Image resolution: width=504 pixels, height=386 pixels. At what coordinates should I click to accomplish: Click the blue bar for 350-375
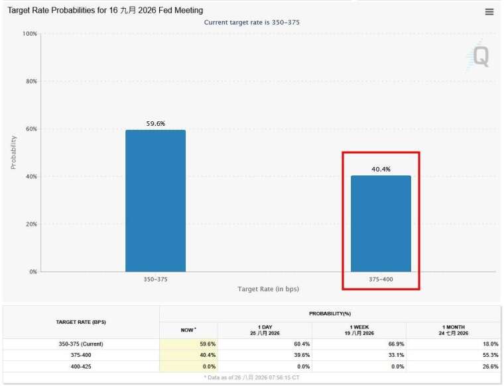(x=156, y=201)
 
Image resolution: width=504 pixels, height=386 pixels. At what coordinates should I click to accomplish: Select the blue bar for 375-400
(x=381, y=224)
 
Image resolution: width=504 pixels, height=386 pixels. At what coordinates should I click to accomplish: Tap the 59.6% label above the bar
(x=156, y=124)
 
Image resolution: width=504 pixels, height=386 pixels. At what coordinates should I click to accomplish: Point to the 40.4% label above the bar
(x=381, y=169)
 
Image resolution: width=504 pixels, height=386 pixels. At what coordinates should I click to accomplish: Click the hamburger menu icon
(x=489, y=12)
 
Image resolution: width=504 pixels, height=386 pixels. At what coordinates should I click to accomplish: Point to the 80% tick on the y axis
(x=32, y=81)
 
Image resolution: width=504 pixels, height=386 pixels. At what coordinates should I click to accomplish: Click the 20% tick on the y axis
(x=32, y=224)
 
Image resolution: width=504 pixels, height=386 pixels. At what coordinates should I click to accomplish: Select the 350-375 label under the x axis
(x=155, y=279)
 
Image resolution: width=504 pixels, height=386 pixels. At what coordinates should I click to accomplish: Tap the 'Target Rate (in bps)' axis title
(x=269, y=289)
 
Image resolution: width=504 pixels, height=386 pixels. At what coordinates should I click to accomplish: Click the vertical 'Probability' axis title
(x=13, y=152)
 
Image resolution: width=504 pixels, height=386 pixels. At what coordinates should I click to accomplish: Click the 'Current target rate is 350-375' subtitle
(x=252, y=23)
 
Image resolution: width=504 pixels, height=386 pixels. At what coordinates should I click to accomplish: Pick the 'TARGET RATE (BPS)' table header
(x=81, y=322)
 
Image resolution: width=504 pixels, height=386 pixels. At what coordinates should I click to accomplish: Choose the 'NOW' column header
(x=188, y=330)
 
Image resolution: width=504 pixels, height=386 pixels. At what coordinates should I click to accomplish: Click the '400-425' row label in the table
(x=81, y=366)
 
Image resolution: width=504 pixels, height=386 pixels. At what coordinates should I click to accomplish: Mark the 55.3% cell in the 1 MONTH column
(x=491, y=355)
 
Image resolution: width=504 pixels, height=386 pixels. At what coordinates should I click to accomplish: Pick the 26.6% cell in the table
(x=491, y=366)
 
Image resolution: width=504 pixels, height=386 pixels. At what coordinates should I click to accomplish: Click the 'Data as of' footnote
(x=252, y=377)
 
